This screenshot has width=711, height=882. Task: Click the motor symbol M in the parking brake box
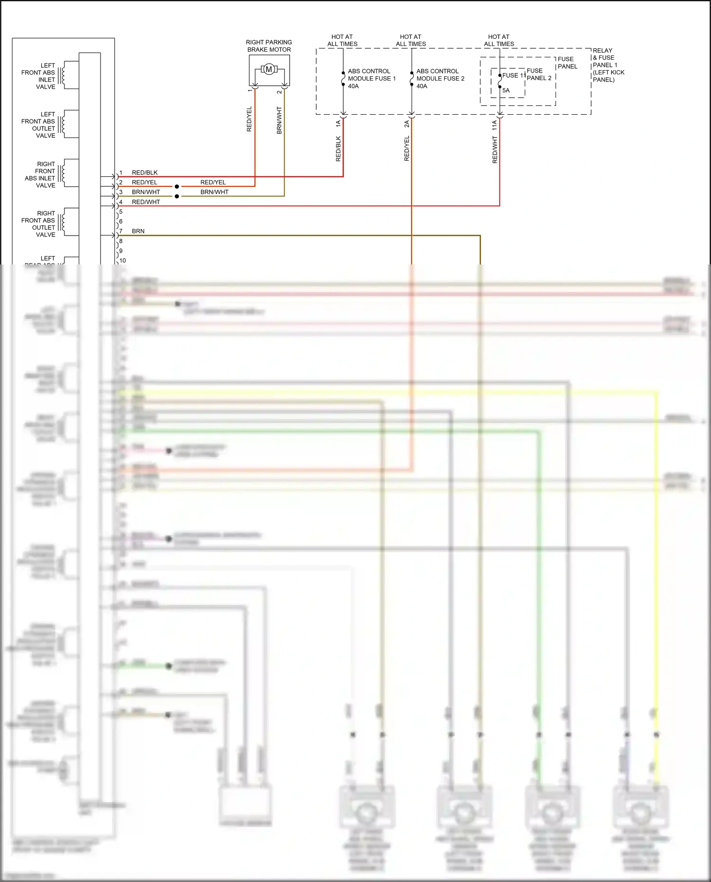269,70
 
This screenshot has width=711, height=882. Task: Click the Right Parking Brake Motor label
269,46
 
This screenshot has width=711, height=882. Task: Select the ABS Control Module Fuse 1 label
372,78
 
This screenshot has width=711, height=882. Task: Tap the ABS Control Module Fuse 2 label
440,78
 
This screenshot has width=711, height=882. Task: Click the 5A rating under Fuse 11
506,90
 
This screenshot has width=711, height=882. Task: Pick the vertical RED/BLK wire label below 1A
338,148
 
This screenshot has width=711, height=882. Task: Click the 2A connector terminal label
407,124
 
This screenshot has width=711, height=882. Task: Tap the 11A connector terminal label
495,125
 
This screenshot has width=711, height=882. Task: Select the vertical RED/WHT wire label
495,150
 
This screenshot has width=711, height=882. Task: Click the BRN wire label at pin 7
138,231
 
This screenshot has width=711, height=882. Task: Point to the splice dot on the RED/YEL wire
177,186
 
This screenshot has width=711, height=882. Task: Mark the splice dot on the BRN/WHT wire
177,196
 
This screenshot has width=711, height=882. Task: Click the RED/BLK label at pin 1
145,173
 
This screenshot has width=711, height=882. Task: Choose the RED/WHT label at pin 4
146,202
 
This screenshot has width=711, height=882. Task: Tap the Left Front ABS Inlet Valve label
38,76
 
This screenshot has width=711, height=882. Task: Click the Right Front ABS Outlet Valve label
38,224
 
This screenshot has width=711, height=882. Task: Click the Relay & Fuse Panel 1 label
608,65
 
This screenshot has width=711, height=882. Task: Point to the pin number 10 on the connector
123,261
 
